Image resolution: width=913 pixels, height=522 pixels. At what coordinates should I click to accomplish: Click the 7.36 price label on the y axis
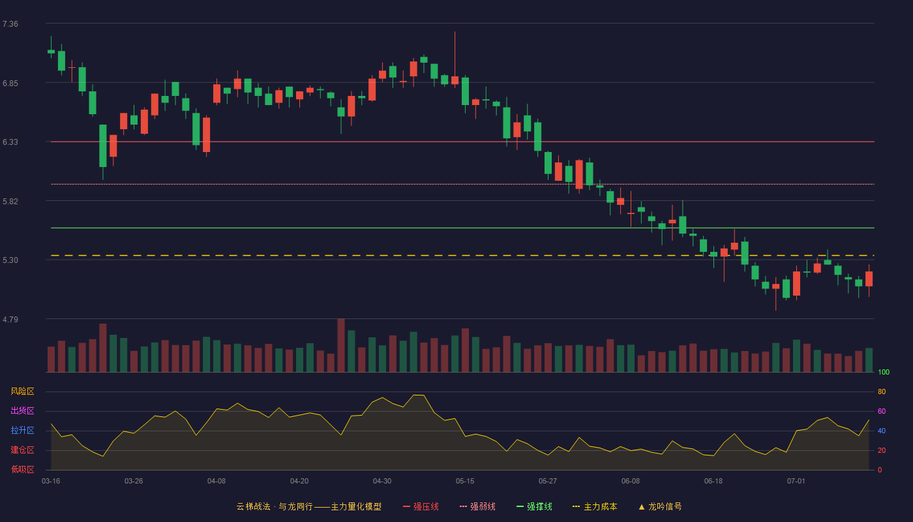pos(10,24)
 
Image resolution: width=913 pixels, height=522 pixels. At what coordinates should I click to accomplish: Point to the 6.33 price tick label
pos(10,142)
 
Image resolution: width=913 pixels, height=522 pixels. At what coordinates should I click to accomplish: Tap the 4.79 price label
pos(10,319)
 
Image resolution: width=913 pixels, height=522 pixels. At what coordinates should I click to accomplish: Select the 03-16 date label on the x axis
pos(51,482)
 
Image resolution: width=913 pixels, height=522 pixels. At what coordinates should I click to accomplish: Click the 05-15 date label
pos(465,482)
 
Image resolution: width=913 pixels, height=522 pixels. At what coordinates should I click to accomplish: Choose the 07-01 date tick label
pos(796,482)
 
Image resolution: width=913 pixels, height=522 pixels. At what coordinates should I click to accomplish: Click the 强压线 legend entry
pos(421,506)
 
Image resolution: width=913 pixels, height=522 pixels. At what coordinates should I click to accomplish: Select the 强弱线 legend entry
pos(477,506)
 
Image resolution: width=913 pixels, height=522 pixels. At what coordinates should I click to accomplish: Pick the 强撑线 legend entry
pos(534,506)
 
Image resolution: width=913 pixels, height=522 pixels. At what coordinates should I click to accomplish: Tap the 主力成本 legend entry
pos(595,506)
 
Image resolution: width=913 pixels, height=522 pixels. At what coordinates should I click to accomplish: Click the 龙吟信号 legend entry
pos(660,506)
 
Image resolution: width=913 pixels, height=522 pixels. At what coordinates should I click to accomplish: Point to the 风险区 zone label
pos(22,391)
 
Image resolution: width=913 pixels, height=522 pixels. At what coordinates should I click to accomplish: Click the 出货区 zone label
pos(22,410)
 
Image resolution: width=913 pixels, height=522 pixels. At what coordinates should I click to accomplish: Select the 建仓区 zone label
pos(22,450)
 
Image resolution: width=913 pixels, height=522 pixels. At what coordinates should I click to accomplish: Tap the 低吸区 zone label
pos(22,469)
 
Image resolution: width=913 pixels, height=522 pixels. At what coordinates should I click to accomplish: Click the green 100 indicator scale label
pos(884,372)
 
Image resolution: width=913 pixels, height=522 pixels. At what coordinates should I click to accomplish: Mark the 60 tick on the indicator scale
pos(882,411)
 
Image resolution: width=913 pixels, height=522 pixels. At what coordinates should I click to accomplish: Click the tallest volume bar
pos(341,345)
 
